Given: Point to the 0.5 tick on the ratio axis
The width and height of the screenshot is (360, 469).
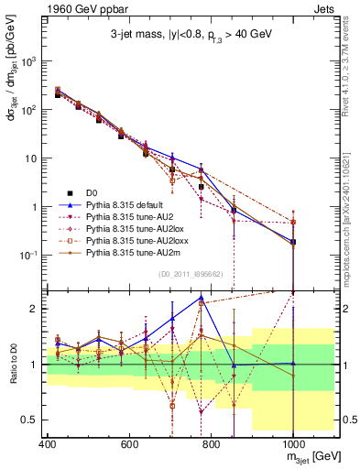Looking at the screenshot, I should coord(30,420).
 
